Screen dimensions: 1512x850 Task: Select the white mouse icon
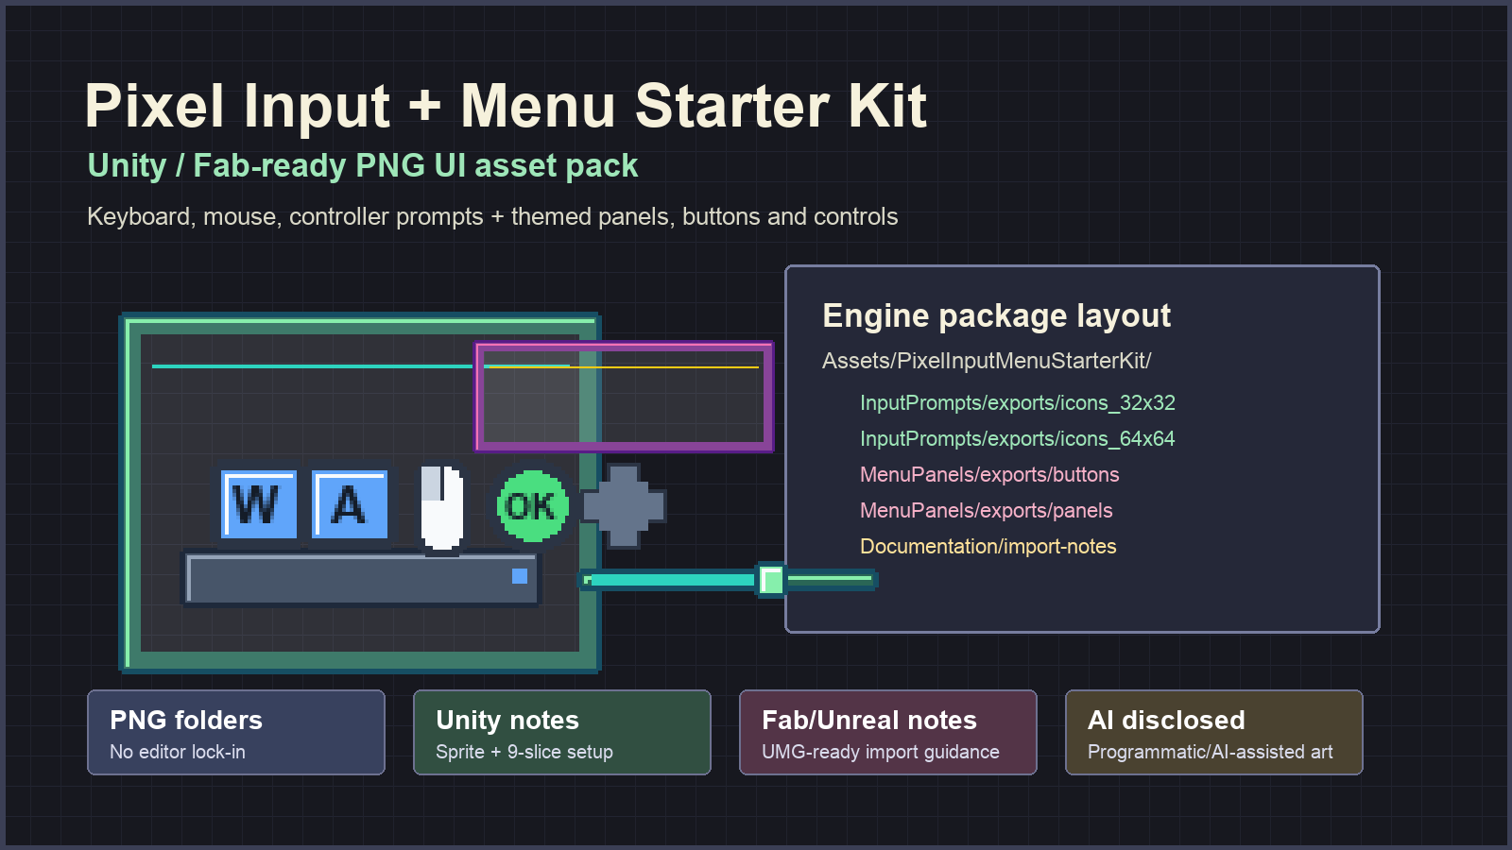[x=442, y=508]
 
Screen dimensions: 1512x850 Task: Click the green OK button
[x=532, y=506]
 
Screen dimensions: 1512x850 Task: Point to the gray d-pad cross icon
[x=624, y=506]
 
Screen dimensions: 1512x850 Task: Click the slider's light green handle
[x=771, y=580]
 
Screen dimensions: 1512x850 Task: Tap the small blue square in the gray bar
[x=519, y=576]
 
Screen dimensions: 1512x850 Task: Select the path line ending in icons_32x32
[x=1017, y=402]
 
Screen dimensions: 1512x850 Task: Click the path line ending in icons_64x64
[x=1017, y=438]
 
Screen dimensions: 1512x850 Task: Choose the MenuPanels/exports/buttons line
[x=989, y=474]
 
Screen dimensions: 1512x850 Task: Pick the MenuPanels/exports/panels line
[x=987, y=510]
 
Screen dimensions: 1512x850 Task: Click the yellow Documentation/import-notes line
[x=988, y=546]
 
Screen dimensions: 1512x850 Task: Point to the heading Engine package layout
[x=996, y=315]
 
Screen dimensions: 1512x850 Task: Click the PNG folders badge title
[x=185, y=720]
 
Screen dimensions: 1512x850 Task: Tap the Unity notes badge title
[x=507, y=721]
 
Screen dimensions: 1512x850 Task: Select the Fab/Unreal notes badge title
[x=868, y=720]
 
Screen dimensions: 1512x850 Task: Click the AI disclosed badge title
[x=1166, y=720]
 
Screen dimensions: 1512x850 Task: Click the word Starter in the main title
[x=732, y=106]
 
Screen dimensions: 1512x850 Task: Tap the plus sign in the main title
[x=424, y=106]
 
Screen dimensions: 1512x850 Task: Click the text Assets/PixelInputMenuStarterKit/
[x=987, y=361]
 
